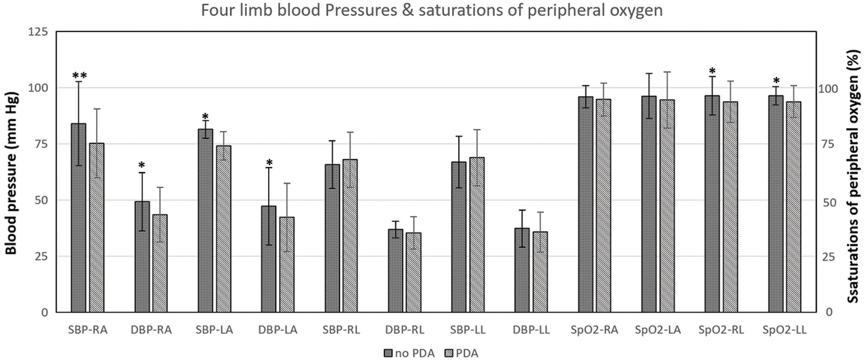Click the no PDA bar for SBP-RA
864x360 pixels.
pos(78,218)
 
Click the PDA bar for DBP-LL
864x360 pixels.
pos(540,272)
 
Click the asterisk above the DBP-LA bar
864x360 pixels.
pos(269,163)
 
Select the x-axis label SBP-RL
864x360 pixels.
pos(341,330)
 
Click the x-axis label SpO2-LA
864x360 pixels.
pos(658,330)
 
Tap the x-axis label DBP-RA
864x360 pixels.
pos(151,330)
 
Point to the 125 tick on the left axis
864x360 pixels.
pos(38,32)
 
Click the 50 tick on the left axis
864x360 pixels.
pos(41,200)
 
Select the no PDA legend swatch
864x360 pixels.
pos(388,353)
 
